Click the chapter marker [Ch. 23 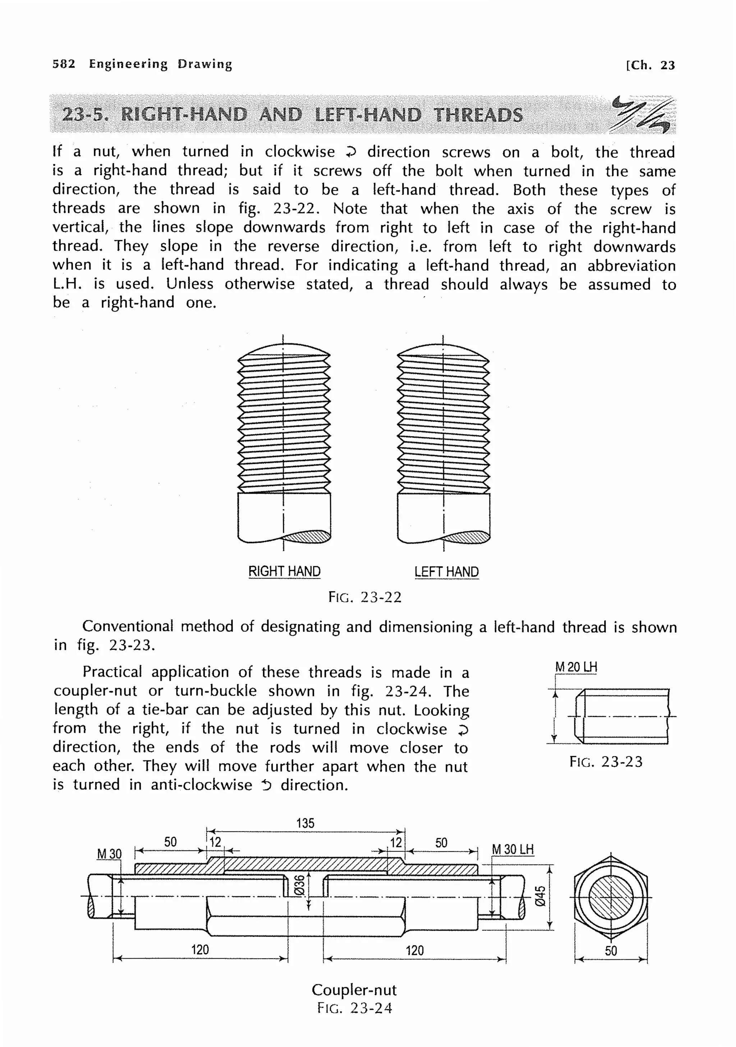tap(650, 65)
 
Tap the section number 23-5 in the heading tap(85, 115)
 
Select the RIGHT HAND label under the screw tap(284, 571)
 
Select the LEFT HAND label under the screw tap(446, 572)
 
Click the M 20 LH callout tap(576, 667)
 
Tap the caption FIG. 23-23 tap(606, 762)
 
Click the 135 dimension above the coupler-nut tap(305, 823)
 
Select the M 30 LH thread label tap(512, 849)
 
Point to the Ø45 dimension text tap(540, 896)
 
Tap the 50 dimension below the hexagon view tap(611, 951)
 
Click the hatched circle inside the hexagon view tap(611, 898)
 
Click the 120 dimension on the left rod tap(200, 950)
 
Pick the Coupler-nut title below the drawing tap(354, 990)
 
